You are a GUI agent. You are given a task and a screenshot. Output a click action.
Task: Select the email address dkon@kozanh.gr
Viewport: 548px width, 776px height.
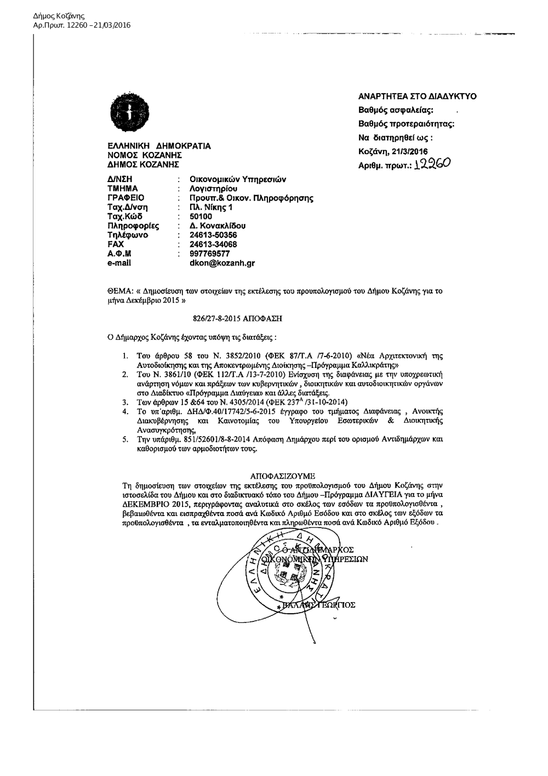(222, 263)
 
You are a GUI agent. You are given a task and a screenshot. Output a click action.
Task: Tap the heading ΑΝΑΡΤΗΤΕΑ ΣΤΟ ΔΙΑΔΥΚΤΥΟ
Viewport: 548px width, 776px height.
(417, 97)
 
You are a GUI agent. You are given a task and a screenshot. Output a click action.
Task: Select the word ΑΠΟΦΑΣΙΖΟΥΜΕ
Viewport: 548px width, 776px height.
(283, 477)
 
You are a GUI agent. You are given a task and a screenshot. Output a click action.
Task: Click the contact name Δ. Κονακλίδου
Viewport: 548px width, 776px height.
(217, 226)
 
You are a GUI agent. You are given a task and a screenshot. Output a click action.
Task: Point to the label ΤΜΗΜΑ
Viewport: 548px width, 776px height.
(122, 188)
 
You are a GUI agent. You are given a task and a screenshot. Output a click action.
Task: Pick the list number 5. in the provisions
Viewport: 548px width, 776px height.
(126, 439)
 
